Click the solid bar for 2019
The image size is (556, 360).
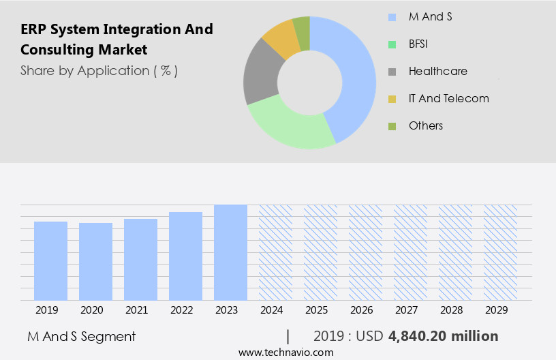[50, 260]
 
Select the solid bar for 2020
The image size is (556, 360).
[95, 261]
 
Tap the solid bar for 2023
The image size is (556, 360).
[230, 252]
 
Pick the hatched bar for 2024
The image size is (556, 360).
[275, 252]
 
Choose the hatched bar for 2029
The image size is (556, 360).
[500, 252]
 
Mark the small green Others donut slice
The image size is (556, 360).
[301, 26]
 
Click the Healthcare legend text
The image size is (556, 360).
[437, 71]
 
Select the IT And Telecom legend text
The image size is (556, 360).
[448, 98]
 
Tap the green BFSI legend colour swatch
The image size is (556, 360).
[392, 44]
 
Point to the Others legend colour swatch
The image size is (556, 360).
[392, 126]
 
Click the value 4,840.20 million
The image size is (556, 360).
[443, 336]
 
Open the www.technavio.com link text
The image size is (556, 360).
[285, 352]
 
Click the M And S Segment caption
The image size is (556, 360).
[81, 336]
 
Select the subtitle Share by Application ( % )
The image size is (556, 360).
[99, 71]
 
